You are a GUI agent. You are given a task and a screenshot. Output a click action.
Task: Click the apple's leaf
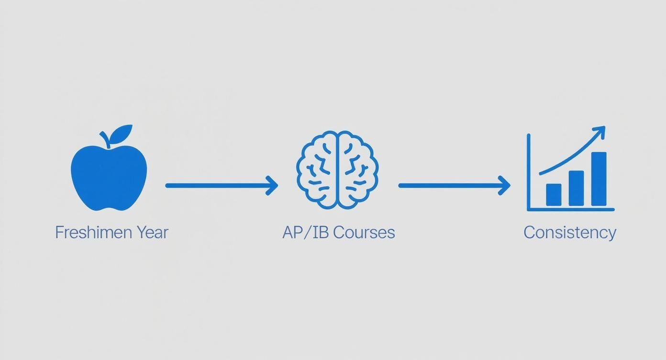click(122, 132)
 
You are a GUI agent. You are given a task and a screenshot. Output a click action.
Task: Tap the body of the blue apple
click(109, 180)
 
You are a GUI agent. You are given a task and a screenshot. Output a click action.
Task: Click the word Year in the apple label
click(152, 233)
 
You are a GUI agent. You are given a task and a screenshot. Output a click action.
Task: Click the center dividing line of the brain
click(338, 170)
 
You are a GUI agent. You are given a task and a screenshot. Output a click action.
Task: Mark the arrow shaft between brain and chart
click(450, 185)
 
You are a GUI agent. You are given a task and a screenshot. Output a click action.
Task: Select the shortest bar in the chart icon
click(554, 195)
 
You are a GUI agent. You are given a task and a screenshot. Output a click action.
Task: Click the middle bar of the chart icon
click(576, 188)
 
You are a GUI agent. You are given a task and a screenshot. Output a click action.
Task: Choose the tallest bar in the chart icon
click(599, 179)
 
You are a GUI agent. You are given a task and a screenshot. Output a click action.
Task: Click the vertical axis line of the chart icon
click(528, 172)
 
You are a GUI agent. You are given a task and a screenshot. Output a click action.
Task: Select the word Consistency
click(570, 233)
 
